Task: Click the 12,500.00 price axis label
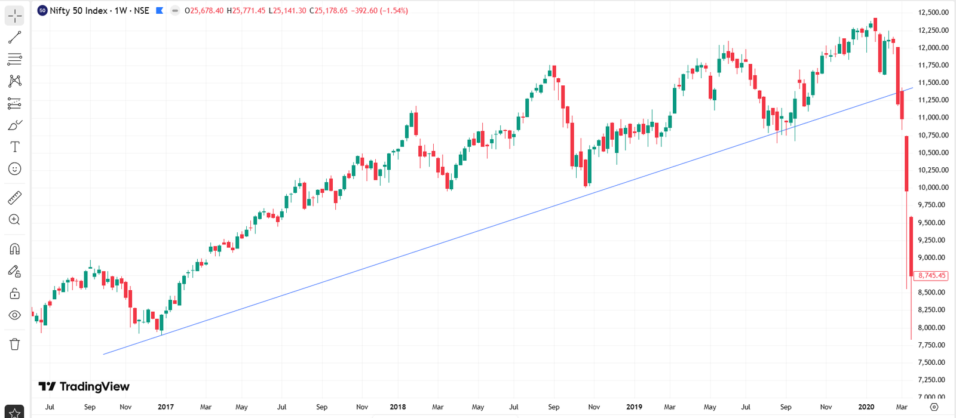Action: pos(933,13)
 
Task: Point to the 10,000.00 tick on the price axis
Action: pos(933,188)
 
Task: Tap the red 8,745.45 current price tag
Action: pos(932,276)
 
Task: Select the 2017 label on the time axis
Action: pos(166,407)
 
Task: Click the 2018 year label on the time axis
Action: pos(397,407)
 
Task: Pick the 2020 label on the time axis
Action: pos(866,407)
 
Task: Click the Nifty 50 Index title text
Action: pos(78,11)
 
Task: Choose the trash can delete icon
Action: pos(15,344)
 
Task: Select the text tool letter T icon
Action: pos(15,147)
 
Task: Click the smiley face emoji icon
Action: pos(15,169)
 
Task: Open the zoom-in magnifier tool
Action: pos(15,220)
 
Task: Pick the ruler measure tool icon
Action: pos(15,198)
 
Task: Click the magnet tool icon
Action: pos(15,249)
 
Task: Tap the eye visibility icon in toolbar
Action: pos(15,315)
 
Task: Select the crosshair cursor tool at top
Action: pos(15,16)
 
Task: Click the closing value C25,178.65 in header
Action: pos(329,11)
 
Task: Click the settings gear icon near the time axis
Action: pos(934,407)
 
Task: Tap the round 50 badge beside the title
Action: pos(42,11)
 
